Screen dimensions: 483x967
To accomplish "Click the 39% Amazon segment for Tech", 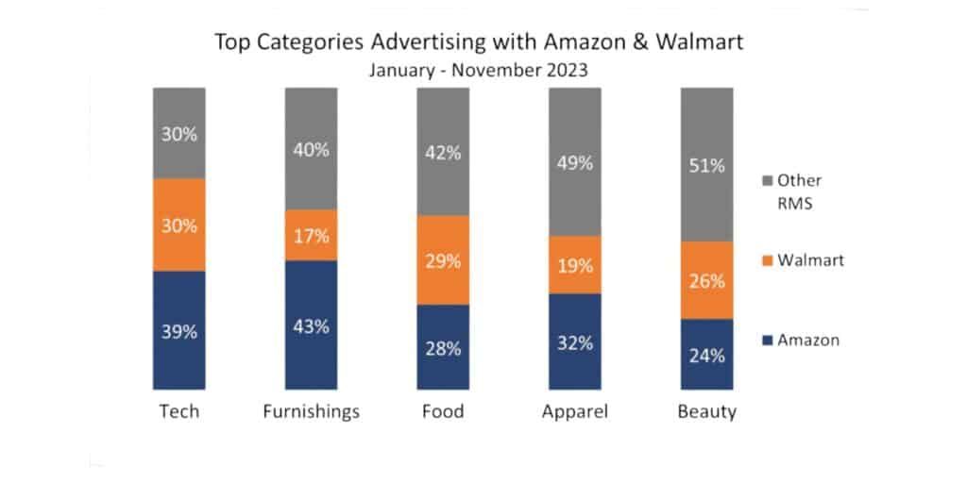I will (x=178, y=330).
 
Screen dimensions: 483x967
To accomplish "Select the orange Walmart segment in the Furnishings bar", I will (x=311, y=235).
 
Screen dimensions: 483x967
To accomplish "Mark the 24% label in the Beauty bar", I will (x=706, y=356).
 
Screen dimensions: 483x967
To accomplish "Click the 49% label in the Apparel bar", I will (x=574, y=162).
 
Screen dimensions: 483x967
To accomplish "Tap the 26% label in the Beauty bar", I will (x=706, y=280).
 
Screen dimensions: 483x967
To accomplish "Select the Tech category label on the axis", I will (x=178, y=412).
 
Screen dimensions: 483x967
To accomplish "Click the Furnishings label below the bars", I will (x=311, y=412).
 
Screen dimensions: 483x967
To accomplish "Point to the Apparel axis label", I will (x=574, y=412).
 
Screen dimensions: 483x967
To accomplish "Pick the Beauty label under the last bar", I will (x=706, y=412).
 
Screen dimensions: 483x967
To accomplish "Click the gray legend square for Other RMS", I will (x=768, y=180).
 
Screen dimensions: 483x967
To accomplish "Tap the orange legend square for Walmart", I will (x=768, y=260).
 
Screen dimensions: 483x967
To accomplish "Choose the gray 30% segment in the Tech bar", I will (x=178, y=133).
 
